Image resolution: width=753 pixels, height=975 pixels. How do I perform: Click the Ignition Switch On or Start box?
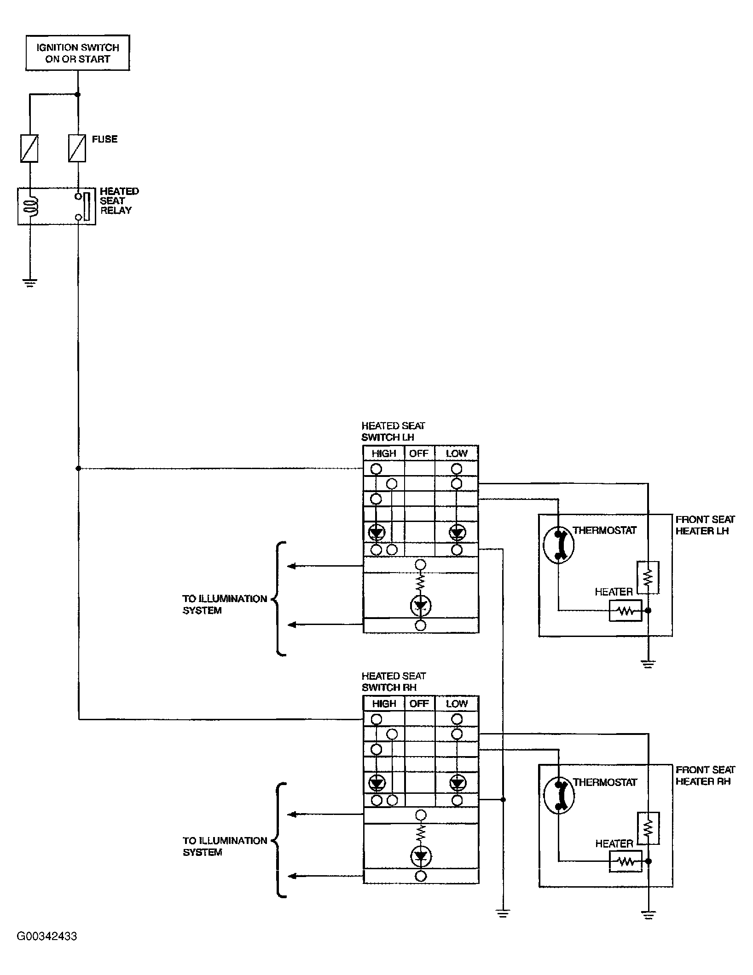click(x=77, y=53)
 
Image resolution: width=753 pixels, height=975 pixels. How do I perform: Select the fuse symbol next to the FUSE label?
click(x=77, y=148)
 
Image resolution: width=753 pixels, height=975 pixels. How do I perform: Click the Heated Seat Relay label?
click(x=119, y=201)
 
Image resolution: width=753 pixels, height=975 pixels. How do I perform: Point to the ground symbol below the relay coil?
click(x=30, y=283)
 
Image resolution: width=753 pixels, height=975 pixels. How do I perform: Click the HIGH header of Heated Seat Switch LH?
click(x=384, y=453)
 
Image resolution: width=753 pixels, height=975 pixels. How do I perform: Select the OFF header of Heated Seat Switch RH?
click(x=419, y=704)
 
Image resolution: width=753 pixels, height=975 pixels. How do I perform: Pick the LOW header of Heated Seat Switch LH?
click(x=457, y=453)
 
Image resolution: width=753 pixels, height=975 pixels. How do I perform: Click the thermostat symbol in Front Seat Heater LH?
click(x=559, y=545)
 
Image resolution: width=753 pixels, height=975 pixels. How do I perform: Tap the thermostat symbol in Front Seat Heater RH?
click(x=559, y=796)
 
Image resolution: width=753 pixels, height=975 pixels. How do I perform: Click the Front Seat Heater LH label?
click(x=705, y=525)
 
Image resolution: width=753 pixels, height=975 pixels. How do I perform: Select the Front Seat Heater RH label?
click(x=705, y=775)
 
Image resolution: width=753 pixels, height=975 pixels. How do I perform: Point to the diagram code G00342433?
click(x=47, y=936)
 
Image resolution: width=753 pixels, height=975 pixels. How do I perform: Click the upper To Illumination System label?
click(x=225, y=604)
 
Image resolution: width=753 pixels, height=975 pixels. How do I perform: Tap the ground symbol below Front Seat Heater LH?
click(x=648, y=664)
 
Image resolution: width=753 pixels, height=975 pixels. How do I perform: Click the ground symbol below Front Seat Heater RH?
click(x=648, y=915)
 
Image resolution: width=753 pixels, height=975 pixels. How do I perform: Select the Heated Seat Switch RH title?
click(x=394, y=682)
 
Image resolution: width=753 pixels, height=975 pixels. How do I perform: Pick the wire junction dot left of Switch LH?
click(x=78, y=469)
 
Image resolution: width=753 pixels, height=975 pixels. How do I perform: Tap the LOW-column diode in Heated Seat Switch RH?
click(x=457, y=782)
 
